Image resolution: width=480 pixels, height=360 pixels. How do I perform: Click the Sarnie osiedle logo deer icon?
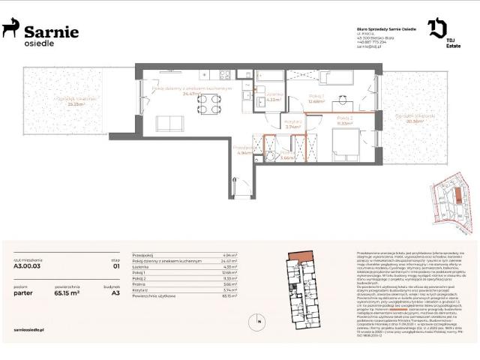11,29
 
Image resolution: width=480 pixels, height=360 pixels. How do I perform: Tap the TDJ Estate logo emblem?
437,28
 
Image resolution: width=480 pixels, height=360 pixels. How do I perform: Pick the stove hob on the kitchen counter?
223,74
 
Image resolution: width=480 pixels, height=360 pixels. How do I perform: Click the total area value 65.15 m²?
67,294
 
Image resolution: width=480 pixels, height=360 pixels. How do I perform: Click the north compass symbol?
257,323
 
